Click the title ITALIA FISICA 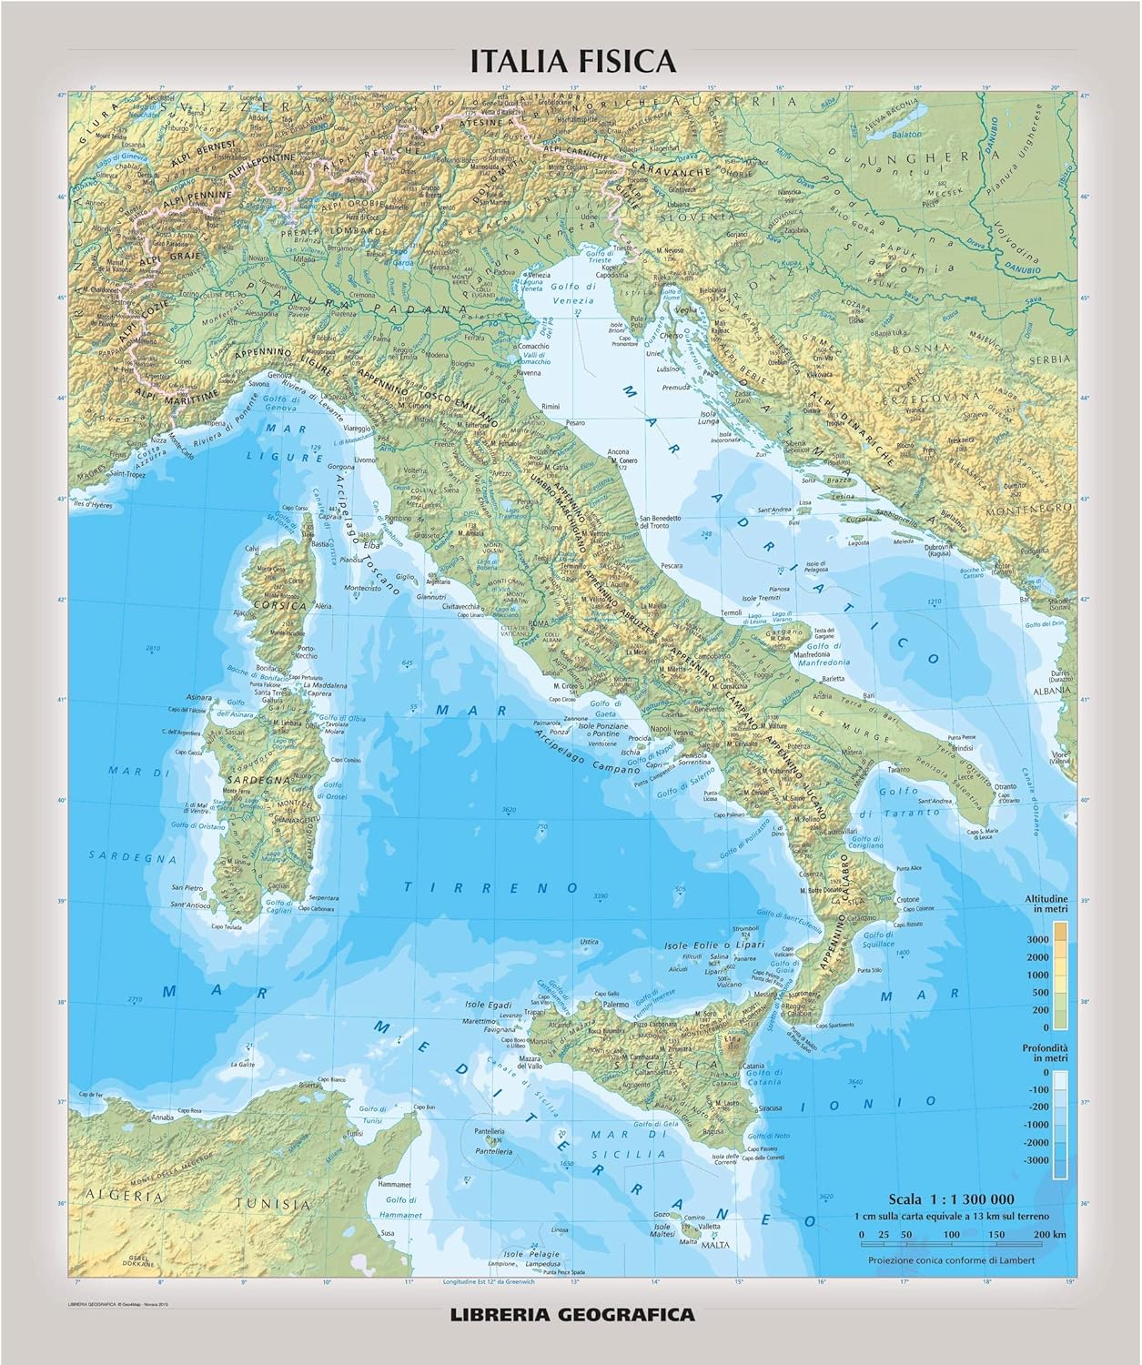571,61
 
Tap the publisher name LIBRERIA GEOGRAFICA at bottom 571,1313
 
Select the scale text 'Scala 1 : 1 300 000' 951,1198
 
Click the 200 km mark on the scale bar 1036,1234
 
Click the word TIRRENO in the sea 491,885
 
